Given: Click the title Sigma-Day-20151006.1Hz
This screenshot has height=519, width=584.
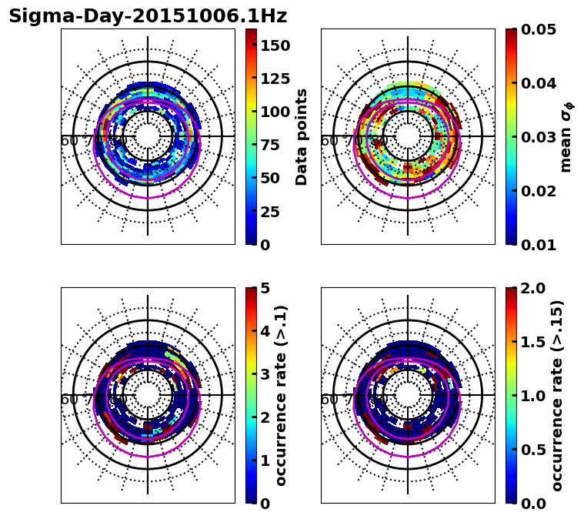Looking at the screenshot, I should [147, 16].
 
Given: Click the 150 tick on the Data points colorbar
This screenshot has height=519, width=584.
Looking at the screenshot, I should [275, 45].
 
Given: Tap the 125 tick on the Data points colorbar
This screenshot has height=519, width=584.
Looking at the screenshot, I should [275, 79].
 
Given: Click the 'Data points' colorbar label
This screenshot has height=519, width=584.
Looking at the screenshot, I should [302, 136].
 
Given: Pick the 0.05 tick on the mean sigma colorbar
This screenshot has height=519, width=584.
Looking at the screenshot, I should [539, 29].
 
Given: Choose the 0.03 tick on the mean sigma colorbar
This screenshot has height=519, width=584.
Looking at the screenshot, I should [539, 137].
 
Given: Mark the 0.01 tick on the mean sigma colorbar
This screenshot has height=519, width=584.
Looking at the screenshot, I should [539, 244].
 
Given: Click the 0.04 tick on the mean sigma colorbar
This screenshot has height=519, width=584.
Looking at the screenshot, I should [539, 83].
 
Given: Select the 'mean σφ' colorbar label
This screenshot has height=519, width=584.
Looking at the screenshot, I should [566, 136].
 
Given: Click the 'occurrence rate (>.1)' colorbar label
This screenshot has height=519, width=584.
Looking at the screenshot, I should [282, 395].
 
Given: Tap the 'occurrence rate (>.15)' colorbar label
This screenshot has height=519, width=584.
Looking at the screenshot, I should [558, 395].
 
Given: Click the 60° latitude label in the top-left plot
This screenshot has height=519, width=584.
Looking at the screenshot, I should [68, 141].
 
